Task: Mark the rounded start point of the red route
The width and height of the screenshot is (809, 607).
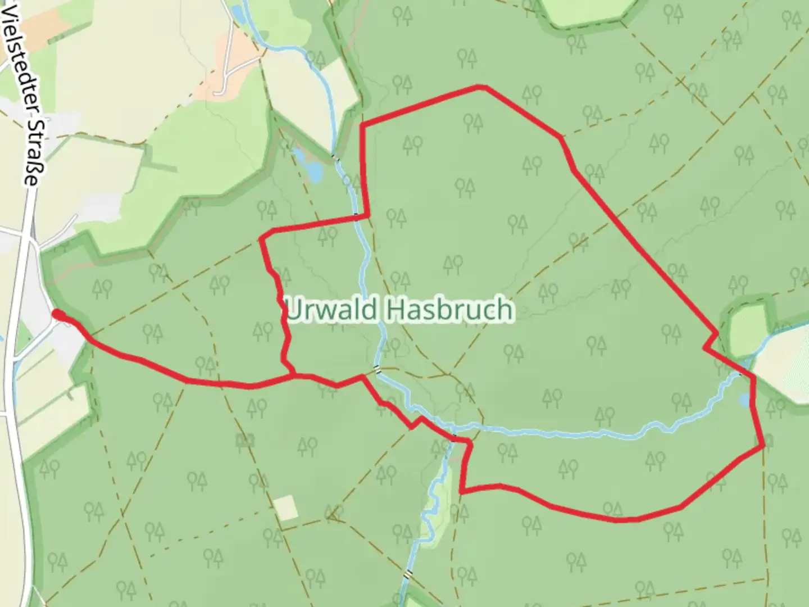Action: click(x=56, y=314)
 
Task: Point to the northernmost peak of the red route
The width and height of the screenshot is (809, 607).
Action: click(x=481, y=87)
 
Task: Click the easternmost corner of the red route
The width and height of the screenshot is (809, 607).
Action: click(x=763, y=446)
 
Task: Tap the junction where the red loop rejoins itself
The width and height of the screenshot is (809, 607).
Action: click(x=293, y=374)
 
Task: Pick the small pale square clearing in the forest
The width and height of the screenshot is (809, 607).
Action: click(x=286, y=507)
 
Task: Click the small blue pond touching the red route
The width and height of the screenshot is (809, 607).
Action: click(x=745, y=400)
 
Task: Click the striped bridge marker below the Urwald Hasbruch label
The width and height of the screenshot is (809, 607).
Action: click(x=378, y=370)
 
